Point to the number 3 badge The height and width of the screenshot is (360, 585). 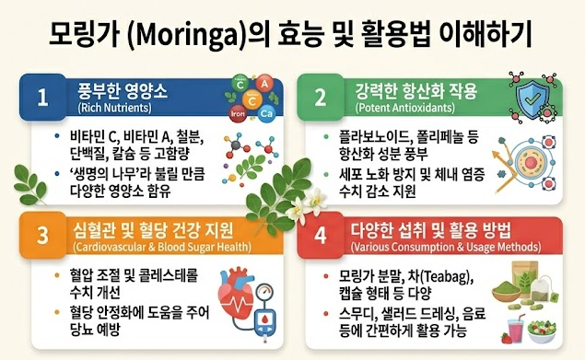[43, 235]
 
